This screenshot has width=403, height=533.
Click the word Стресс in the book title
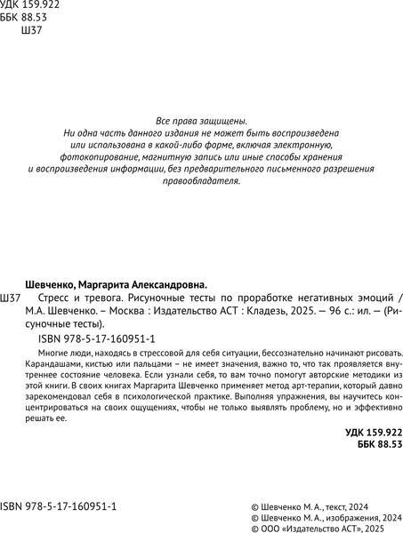click(x=57, y=298)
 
